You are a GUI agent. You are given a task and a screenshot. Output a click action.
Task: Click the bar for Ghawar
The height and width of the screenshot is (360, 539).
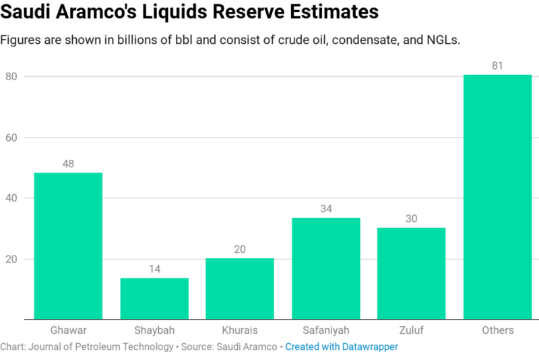tap(68, 246)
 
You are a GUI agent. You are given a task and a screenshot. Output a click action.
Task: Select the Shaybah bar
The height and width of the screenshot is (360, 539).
tap(154, 299)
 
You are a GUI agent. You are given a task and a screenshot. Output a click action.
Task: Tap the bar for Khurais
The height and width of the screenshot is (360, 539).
tap(240, 289)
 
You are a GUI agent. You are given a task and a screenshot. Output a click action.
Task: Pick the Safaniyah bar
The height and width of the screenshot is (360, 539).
tap(326, 268)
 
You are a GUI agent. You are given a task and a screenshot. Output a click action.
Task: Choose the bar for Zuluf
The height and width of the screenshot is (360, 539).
tap(412, 273)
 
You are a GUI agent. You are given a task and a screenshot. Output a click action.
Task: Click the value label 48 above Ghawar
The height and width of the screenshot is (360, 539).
tap(68, 164)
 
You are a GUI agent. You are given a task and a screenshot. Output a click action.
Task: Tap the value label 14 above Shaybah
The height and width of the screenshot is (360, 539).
tap(154, 269)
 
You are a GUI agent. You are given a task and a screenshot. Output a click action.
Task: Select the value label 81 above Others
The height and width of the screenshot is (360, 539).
tap(498, 65)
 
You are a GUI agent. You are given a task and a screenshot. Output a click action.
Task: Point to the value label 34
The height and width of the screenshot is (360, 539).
tap(326, 209)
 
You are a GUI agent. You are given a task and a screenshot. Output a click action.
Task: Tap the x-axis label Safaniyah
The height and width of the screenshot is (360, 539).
tap(326, 330)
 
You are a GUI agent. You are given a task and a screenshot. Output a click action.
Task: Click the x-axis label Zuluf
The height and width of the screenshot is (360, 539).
tap(412, 330)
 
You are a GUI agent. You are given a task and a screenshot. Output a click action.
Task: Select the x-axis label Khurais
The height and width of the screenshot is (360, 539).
tap(240, 330)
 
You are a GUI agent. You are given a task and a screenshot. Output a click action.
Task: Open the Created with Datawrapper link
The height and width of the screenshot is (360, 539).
tap(342, 347)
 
